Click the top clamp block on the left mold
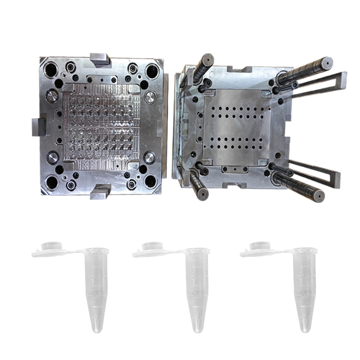click(x=100, y=58)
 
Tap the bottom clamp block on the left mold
click(x=100, y=192)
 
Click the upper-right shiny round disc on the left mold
click(x=150, y=97)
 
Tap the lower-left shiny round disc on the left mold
click(x=53, y=157)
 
